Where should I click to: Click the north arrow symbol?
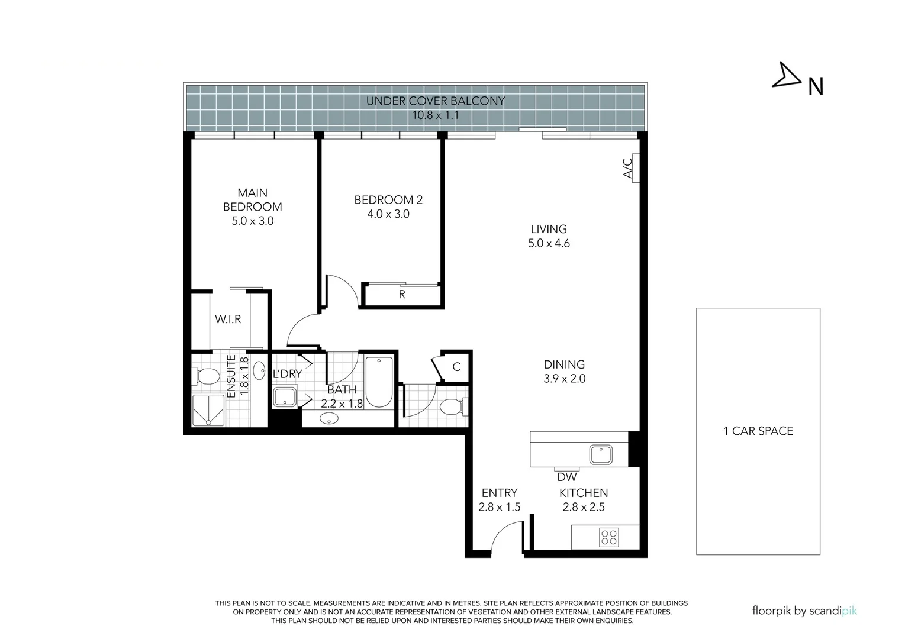coord(786,76)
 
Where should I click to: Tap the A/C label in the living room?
coord(629,167)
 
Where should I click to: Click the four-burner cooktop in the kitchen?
coord(609,537)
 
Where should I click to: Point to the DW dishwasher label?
coord(566,477)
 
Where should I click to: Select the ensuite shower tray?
coord(208,410)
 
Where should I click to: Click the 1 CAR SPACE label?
coord(758,431)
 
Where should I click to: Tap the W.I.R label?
coord(228,319)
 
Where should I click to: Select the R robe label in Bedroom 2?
coord(402,295)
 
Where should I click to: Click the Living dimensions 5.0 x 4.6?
coord(549,243)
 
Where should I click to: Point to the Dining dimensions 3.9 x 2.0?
coord(564,379)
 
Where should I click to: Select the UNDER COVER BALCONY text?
coord(435,101)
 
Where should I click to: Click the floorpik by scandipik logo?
coord(804,611)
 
